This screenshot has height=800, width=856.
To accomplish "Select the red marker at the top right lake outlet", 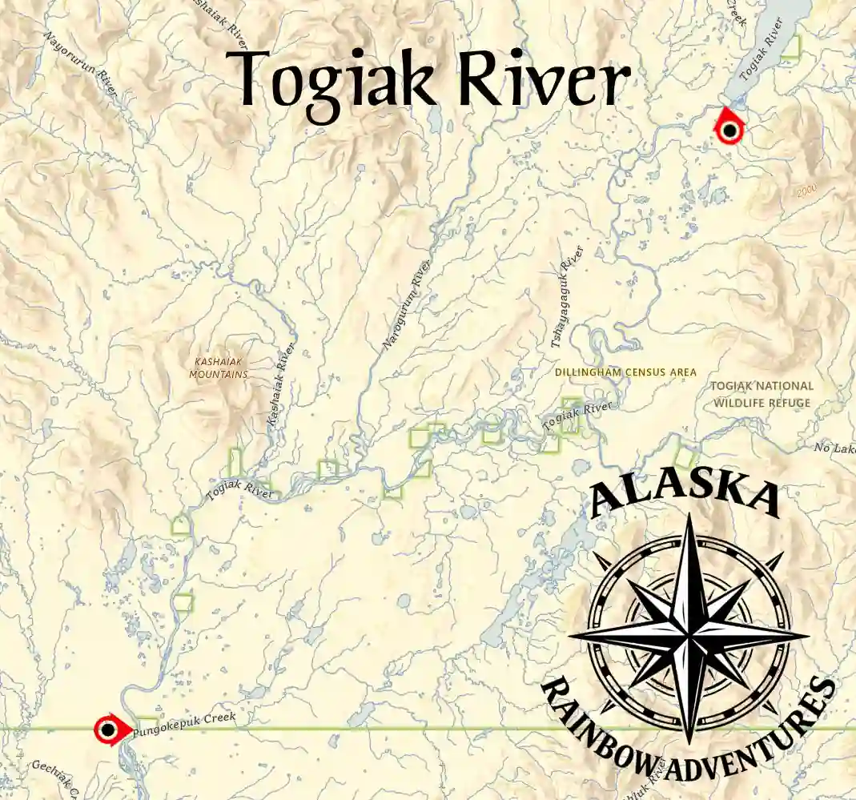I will click(x=729, y=129).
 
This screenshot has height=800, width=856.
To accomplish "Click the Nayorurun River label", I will click(x=80, y=64).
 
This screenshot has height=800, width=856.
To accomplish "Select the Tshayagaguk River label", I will click(x=566, y=297).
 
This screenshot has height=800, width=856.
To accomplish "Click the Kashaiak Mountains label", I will click(x=219, y=368).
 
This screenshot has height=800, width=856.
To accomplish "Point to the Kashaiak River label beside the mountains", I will click(x=281, y=384).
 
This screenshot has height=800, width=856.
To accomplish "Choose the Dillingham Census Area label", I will click(x=625, y=372).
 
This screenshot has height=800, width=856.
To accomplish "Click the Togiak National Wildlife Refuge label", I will click(x=762, y=394).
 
